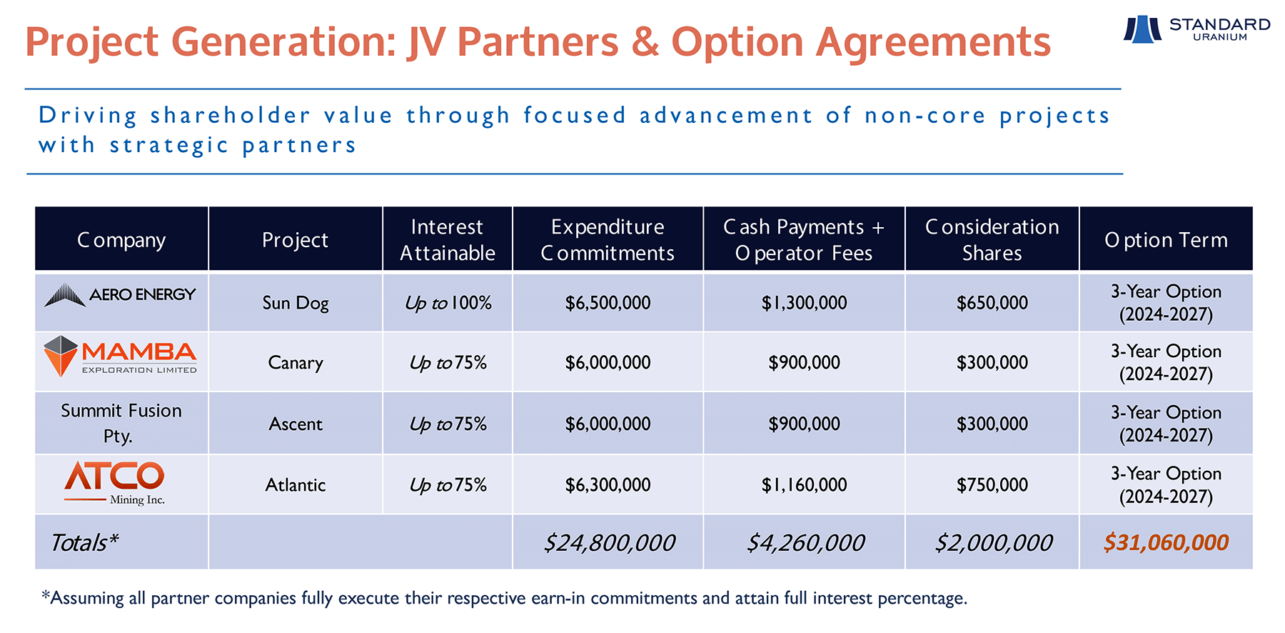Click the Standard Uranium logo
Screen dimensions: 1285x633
tap(1197, 29)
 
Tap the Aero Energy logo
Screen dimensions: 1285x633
tap(120, 295)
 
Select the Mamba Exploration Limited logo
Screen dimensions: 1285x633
tap(120, 356)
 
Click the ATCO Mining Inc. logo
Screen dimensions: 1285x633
tap(115, 483)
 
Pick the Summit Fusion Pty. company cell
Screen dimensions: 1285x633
tap(121, 423)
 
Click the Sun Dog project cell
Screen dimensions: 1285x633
tap(296, 303)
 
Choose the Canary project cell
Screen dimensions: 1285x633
tap(296, 362)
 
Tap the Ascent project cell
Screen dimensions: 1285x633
tap(296, 424)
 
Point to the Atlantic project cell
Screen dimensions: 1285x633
tap(296, 485)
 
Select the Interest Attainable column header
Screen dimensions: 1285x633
tap(448, 239)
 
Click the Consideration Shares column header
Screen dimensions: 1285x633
tap(992, 239)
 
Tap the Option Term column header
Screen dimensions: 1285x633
tap(1166, 239)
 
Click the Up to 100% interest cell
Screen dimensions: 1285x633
tap(448, 303)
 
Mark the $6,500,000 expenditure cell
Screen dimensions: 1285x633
tap(608, 303)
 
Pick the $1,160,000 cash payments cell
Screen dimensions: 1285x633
tap(804, 485)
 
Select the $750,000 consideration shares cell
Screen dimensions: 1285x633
tap(992, 485)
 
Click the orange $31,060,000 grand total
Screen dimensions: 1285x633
tap(1166, 543)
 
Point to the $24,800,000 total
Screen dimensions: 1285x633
tap(609, 543)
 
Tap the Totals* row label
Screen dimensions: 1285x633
tap(84, 543)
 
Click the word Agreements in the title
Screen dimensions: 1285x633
tap(933, 41)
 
